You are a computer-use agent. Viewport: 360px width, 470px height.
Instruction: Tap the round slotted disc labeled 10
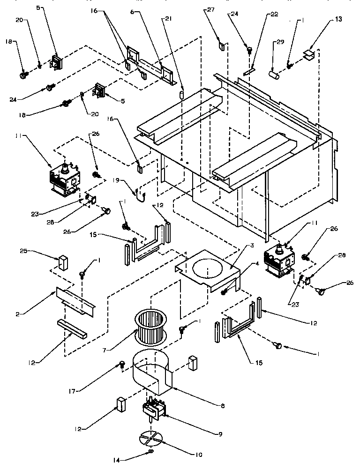(x=151, y=439)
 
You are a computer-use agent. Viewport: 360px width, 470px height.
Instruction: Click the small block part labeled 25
(x=61, y=263)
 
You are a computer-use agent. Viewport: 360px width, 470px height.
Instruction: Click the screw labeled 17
(x=121, y=364)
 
